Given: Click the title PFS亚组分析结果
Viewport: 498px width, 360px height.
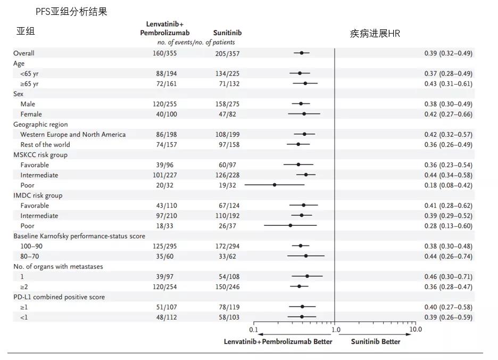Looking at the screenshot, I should [71, 12].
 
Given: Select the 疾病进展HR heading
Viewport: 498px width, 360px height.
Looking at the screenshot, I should [375, 34].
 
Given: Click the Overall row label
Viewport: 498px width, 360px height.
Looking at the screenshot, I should [24, 53].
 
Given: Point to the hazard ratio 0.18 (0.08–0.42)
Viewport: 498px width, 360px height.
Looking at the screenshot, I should [448, 185].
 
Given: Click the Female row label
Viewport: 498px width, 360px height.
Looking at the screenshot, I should [31, 114].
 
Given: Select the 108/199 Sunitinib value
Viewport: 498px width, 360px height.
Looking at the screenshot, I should [222, 135].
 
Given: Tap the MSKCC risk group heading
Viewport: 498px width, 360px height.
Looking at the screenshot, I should [40, 155].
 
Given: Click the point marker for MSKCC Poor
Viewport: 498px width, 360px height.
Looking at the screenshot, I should [275, 185].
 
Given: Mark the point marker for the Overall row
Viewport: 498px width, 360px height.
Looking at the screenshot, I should [302, 53].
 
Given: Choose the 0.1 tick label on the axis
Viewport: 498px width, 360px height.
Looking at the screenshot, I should [254, 330].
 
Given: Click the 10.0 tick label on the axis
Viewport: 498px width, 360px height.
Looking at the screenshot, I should [416, 330].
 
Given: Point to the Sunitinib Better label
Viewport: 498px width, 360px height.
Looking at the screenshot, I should [376, 341].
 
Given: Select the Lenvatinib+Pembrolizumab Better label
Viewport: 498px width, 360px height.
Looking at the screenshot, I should [278, 341].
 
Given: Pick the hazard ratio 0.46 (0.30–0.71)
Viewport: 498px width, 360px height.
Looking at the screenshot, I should [448, 277].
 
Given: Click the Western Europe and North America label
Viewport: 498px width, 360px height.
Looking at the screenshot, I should [73, 135].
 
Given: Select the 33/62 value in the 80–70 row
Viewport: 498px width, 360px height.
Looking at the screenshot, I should [222, 257].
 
